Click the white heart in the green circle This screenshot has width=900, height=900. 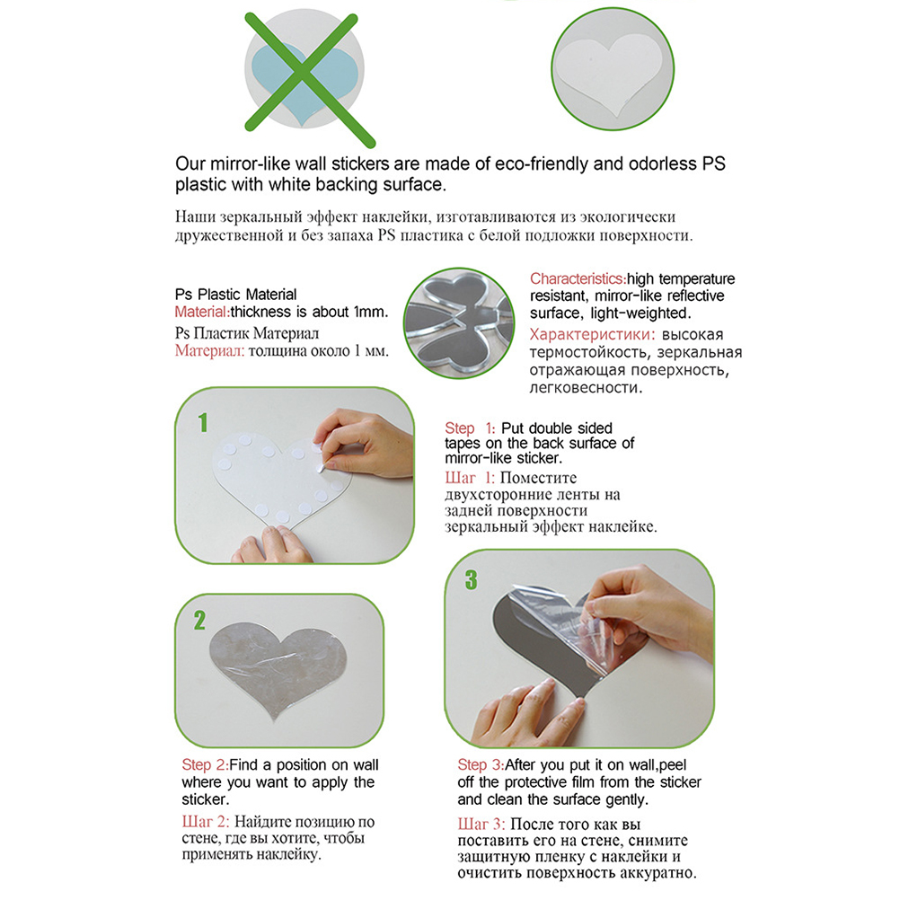pyautogui.click(x=610, y=72)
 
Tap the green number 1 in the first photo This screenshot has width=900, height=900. pyautogui.click(x=203, y=422)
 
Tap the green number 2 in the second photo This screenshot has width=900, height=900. pyautogui.click(x=199, y=621)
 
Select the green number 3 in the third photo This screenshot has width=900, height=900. pyautogui.click(x=472, y=579)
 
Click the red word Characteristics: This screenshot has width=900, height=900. pyautogui.click(x=578, y=279)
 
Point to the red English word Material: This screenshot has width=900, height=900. pyautogui.click(x=202, y=312)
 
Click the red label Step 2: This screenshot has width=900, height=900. pyautogui.click(x=205, y=764)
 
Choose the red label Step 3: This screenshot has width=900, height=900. pyautogui.click(x=481, y=764)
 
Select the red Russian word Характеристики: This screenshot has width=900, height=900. pyautogui.click(x=592, y=335)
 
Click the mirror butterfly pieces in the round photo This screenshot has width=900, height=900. pyautogui.click(x=459, y=322)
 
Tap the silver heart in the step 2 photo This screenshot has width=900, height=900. pyautogui.click(x=278, y=670)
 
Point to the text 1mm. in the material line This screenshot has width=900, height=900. pyautogui.click(x=371, y=312)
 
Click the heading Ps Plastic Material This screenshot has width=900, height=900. pyautogui.click(x=236, y=295)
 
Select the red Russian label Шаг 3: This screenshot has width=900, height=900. pyautogui.click(x=481, y=825)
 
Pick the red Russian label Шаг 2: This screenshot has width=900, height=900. pyautogui.click(x=206, y=821)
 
